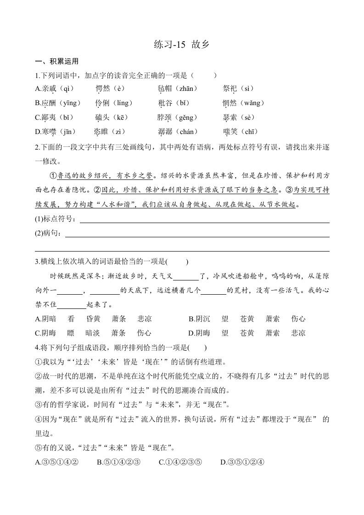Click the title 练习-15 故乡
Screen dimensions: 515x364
point(182,45)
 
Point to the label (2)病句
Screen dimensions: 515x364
point(49,233)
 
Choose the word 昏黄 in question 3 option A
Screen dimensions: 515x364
point(93,319)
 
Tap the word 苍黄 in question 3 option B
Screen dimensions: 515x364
point(247,319)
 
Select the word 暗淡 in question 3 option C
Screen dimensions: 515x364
point(93,333)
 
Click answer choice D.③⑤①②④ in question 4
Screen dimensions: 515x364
point(242,462)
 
